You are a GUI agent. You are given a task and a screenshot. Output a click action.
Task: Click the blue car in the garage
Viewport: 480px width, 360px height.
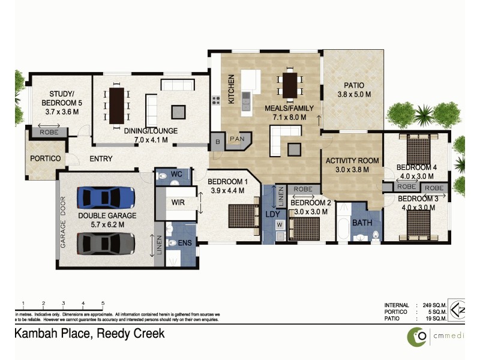pyautogui.click(x=105, y=196)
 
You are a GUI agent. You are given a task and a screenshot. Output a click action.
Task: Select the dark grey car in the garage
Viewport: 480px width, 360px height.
pyautogui.click(x=105, y=243)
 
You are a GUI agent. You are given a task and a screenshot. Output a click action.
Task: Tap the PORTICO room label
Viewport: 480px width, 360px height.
pyautogui.click(x=46, y=158)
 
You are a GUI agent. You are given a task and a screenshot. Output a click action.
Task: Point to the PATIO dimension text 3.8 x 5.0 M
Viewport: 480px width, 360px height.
pyautogui.click(x=353, y=95)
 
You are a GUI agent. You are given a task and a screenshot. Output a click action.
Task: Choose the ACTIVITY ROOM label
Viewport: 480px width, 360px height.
pyautogui.click(x=352, y=160)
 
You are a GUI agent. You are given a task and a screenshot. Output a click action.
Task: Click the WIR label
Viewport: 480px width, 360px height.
pyautogui.click(x=178, y=203)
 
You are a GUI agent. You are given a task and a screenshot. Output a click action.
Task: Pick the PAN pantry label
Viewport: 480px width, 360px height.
pyautogui.click(x=237, y=139)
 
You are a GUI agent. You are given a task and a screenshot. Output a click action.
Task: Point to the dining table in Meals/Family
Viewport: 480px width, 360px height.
pyautogui.click(x=290, y=85)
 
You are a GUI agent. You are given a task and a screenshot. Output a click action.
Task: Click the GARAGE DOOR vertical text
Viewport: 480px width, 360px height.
pyautogui.click(x=62, y=223)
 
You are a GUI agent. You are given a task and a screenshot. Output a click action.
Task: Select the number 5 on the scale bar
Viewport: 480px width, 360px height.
pyautogui.click(x=103, y=303)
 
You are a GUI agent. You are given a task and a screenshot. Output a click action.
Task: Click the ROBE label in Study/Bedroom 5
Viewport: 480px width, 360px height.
pyautogui.click(x=49, y=132)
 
